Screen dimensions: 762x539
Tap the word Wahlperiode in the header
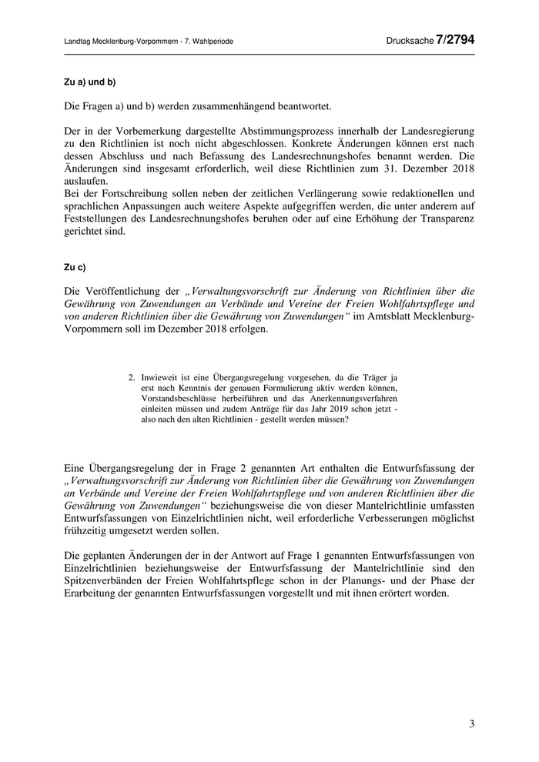click(x=213, y=41)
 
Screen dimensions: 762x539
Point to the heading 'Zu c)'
click(x=75, y=267)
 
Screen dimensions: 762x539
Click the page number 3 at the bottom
click(x=471, y=724)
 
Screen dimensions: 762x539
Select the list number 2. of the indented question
click(x=132, y=377)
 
